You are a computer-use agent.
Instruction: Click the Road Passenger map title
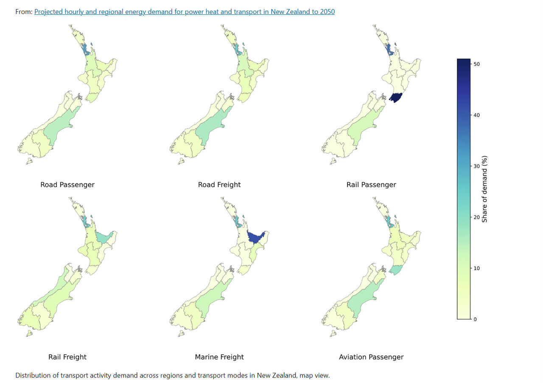67,185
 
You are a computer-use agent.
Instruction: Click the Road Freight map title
219,185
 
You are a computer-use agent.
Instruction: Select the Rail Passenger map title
371,185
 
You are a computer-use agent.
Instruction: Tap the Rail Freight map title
67,357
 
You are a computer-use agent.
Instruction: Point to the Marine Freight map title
219,357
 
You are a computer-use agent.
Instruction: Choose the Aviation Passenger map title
371,357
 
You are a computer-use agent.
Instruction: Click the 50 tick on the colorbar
476,64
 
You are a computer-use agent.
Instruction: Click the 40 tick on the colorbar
476,115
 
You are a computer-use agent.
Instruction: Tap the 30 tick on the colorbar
476,166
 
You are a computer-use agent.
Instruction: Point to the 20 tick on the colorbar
476,217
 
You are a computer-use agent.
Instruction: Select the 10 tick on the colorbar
476,268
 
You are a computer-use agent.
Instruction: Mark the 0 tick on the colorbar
475,319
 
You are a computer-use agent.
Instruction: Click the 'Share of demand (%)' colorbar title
484,189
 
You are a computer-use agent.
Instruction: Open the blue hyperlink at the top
184,12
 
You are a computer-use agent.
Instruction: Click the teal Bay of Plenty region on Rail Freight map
103,237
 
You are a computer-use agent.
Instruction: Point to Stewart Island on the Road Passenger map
29,161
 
